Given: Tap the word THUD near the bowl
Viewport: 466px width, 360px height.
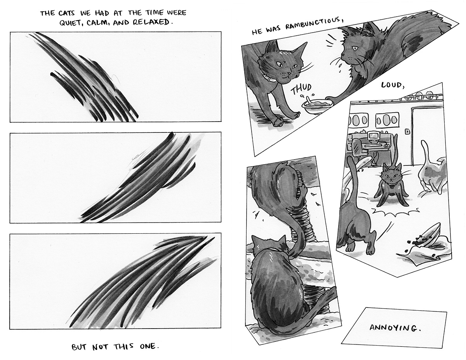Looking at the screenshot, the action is click(x=301, y=89).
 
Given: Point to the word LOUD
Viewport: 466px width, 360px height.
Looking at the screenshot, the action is click(x=393, y=85).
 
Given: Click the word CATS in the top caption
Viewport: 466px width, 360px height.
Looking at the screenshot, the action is click(x=67, y=13).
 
